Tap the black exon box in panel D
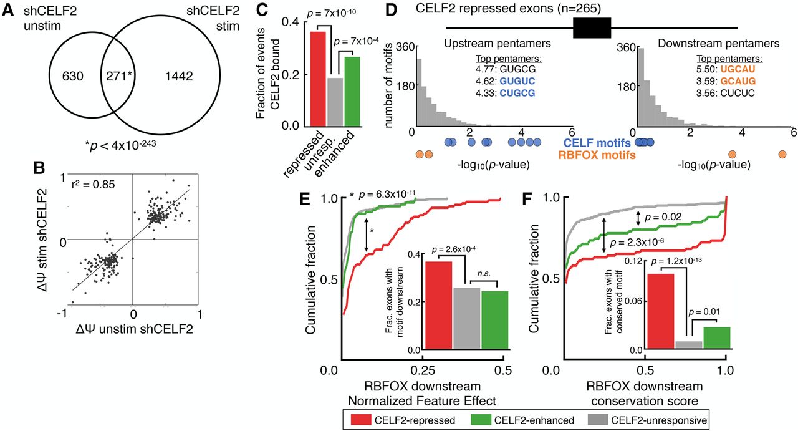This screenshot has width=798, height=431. tap(592, 28)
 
